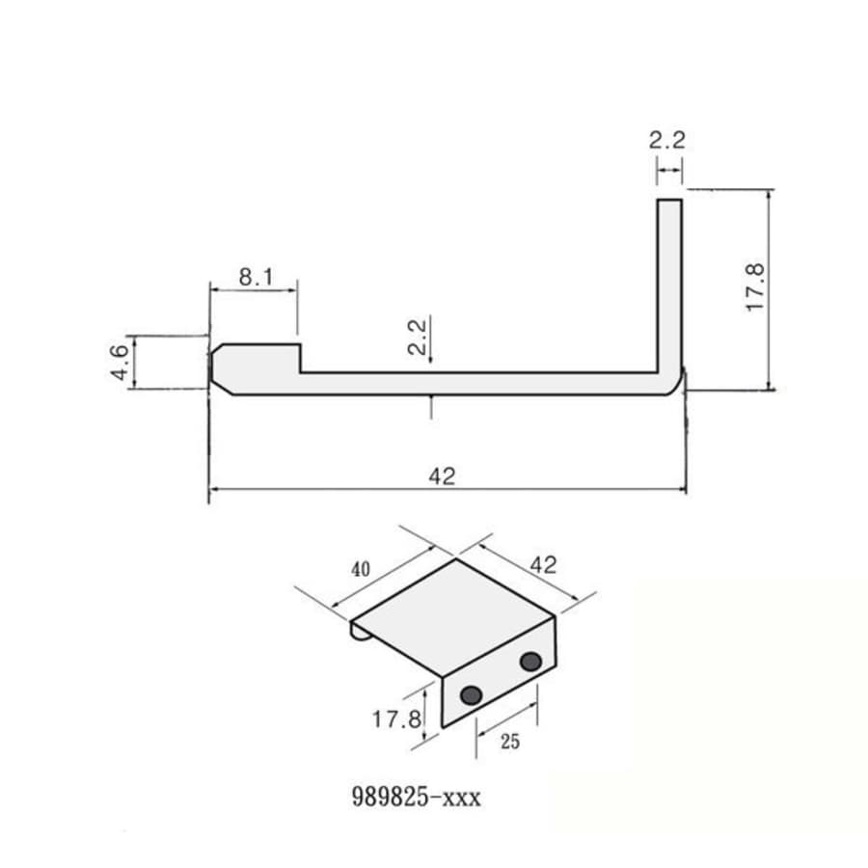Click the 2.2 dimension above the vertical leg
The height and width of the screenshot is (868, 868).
click(666, 140)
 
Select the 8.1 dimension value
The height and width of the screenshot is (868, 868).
click(256, 278)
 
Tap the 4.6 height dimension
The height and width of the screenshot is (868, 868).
click(120, 363)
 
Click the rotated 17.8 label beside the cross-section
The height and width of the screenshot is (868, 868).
click(755, 286)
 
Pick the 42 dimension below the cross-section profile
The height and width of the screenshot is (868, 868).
click(442, 475)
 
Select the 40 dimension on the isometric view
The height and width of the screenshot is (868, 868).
click(360, 569)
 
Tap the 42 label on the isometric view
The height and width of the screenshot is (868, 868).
click(543, 564)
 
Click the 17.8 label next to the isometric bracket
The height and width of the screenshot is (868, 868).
click(395, 719)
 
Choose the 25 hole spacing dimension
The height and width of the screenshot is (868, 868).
click(509, 742)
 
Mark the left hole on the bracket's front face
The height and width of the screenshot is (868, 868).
click(472, 694)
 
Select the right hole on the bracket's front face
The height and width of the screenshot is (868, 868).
click(530, 662)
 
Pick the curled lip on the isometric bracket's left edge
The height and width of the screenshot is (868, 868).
click(357, 632)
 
